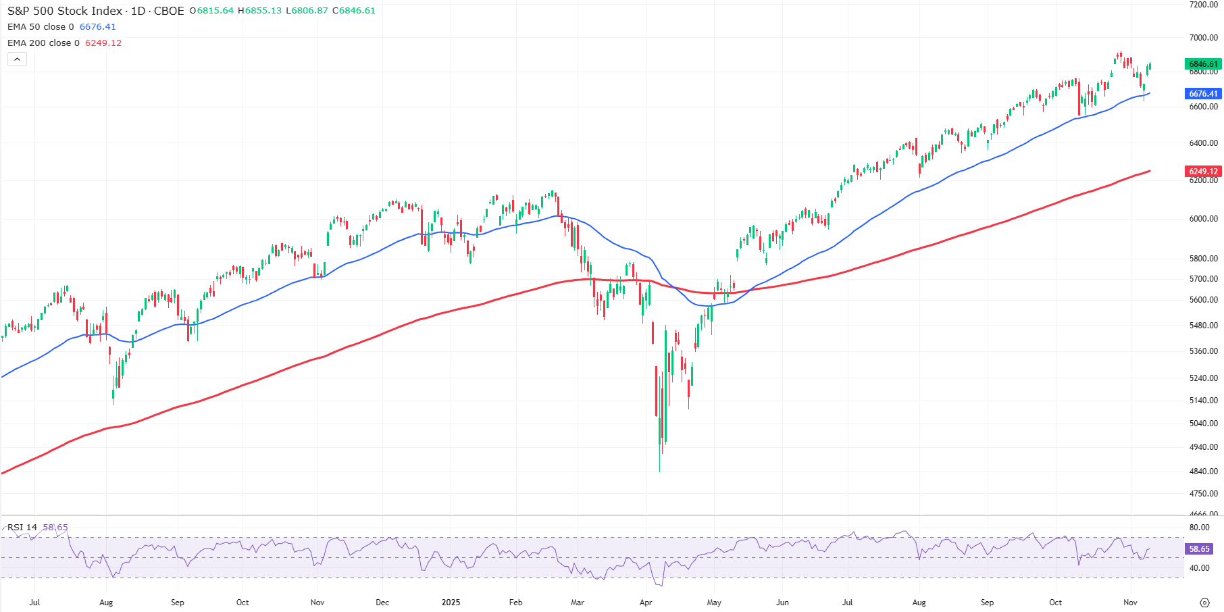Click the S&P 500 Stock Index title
point(65,11)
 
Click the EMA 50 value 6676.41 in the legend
point(97,27)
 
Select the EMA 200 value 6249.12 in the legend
point(103,43)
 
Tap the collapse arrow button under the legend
point(17,59)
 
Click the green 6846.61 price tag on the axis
point(1203,64)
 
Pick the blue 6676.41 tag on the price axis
point(1203,94)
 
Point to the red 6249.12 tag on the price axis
point(1203,172)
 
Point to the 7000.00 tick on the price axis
point(1203,38)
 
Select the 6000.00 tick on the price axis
point(1203,219)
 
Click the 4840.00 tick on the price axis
point(1203,471)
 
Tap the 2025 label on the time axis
point(451,603)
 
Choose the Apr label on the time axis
point(646,603)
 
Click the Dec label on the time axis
point(382,603)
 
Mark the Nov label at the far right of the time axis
point(1130,603)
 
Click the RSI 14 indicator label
point(22,528)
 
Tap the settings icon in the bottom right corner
point(1204,603)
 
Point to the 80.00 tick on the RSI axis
point(1199,528)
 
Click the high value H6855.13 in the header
point(259,11)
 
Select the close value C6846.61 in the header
point(353,11)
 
